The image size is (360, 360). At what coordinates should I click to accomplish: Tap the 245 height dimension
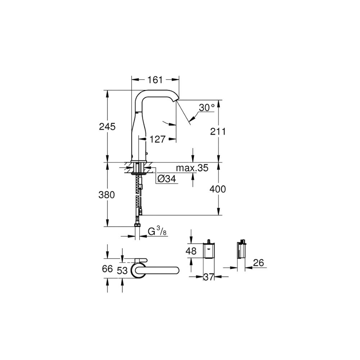(x=107, y=126)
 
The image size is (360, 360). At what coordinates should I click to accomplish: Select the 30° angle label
(x=207, y=107)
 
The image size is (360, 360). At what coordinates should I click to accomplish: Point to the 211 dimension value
(x=218, y=131)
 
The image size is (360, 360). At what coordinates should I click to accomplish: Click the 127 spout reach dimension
(x=158, y=139)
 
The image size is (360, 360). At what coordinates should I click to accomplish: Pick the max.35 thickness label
(x=192, y=168)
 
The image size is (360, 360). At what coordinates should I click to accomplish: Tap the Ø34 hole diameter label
(x=167, y=179)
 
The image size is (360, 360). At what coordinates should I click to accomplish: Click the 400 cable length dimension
(x=218, y=189)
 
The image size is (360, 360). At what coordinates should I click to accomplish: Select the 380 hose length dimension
(x=107, y=195)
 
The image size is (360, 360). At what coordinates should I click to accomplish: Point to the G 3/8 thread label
(x=158, y=231)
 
